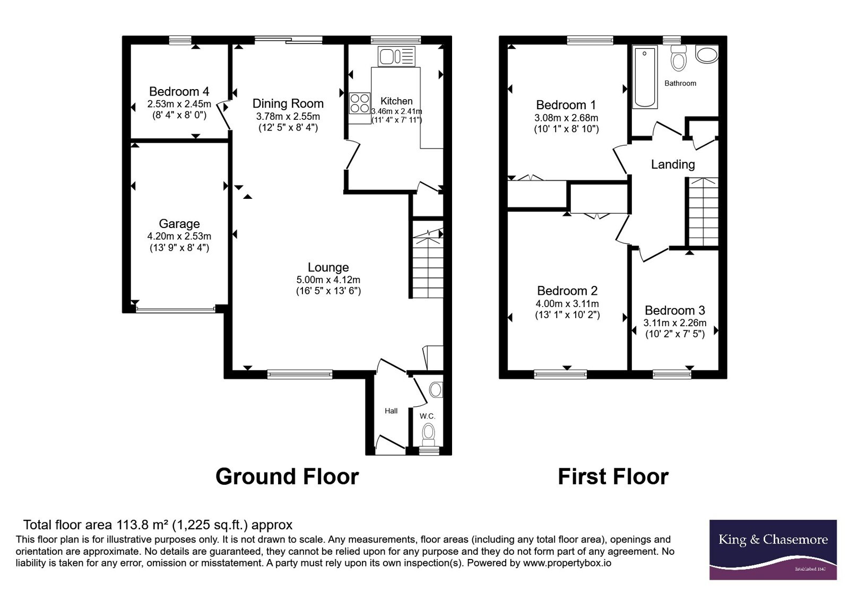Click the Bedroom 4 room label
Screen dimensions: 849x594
(179, 91)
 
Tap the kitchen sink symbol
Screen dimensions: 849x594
(396, 56)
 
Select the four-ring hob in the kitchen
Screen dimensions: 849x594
(360, 103)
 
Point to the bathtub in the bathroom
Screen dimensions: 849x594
(645, 77)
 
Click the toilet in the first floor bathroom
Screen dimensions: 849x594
(679, 58)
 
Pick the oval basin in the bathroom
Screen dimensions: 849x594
(707, 54)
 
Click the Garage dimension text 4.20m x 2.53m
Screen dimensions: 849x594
(179, 236)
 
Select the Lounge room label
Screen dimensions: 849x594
(328, 267)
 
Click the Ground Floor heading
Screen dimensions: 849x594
(287, 477)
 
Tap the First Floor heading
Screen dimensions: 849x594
(613, 477)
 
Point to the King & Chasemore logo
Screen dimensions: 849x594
(773, 549)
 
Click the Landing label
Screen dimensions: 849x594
(673, 164)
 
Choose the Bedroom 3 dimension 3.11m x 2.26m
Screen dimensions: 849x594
(674, 323)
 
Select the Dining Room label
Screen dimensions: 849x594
(288, 103)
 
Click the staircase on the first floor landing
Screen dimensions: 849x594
(703, 212)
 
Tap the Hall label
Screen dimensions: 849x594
(391, 410)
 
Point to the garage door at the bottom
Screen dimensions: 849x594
(176, 310)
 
